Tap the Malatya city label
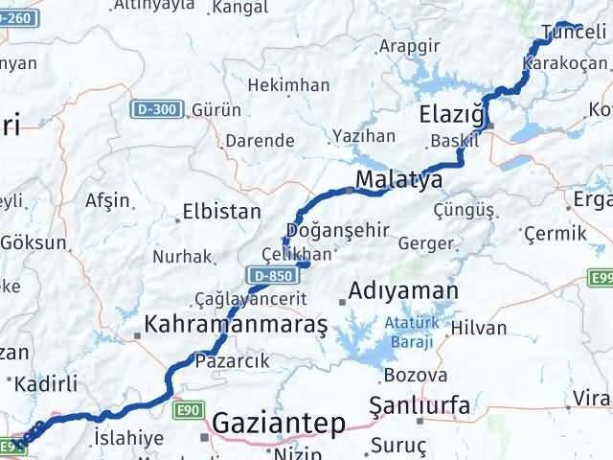coord(398,180)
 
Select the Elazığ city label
coord(455,116)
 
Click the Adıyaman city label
coord(403,289)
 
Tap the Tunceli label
coord(575,32)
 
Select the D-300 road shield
coord(155,109)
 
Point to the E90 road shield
coord(188,409)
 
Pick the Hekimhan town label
coord(288,85)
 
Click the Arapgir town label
coord(409,44)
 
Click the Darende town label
coord(260,140)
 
